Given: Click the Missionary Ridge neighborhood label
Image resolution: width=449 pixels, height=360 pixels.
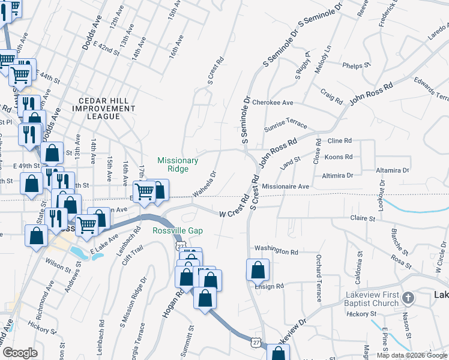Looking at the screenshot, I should click(178, 164).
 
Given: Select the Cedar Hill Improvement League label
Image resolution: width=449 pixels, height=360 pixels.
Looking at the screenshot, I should click(104, 108).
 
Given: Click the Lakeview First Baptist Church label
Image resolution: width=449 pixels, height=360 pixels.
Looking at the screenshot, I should click(372, 299).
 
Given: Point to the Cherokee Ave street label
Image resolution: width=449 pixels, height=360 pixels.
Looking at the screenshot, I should click(273, 103).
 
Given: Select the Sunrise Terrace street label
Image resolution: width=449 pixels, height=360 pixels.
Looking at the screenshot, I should click(285, 127).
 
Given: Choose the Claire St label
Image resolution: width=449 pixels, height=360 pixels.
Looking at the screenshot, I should click(363, 218).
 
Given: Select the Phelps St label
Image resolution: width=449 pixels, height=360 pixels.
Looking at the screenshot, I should click(354, 65).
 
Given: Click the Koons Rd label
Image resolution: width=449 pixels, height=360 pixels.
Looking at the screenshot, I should click(340, 157).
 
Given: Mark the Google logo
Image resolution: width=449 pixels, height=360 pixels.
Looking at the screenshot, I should click(20, 353).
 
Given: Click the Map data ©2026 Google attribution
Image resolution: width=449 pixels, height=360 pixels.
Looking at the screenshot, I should click(411, 355).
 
